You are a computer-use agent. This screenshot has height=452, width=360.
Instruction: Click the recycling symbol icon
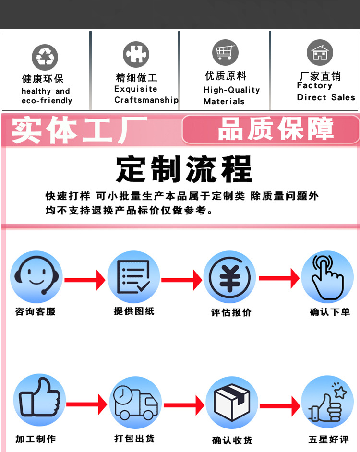coord(45,57)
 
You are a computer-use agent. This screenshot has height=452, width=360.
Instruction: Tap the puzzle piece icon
coord(136,54)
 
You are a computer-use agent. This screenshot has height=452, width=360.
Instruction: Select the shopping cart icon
coord(225,52)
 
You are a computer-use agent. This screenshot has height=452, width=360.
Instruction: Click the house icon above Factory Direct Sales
coord(320,53)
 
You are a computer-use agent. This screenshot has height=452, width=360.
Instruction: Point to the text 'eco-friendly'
coord(47,101)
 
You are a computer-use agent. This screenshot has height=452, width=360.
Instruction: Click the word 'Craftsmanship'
coord(146,100)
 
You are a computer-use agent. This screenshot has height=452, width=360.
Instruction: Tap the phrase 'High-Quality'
coord(231,90)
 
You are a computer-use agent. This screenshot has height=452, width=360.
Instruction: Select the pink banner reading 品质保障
coord(271,129)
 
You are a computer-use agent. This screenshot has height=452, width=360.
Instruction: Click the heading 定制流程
coord(184,168)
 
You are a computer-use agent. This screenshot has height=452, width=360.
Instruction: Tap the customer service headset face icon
coord(36,277)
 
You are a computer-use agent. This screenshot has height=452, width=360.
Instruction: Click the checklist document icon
coord(133,277)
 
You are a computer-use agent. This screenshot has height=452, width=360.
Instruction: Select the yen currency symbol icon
coord(229,277)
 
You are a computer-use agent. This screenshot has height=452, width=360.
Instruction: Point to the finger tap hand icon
coord(327,277)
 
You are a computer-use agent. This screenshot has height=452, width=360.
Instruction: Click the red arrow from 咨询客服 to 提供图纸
coord(85,280)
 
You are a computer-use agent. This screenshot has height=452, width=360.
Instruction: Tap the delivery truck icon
coord(135,402)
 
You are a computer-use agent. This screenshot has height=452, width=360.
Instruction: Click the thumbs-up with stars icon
coord(327,402)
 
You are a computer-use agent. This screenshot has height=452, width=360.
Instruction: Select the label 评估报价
coord(231,312)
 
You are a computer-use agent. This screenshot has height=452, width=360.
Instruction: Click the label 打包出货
coord(134,438)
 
